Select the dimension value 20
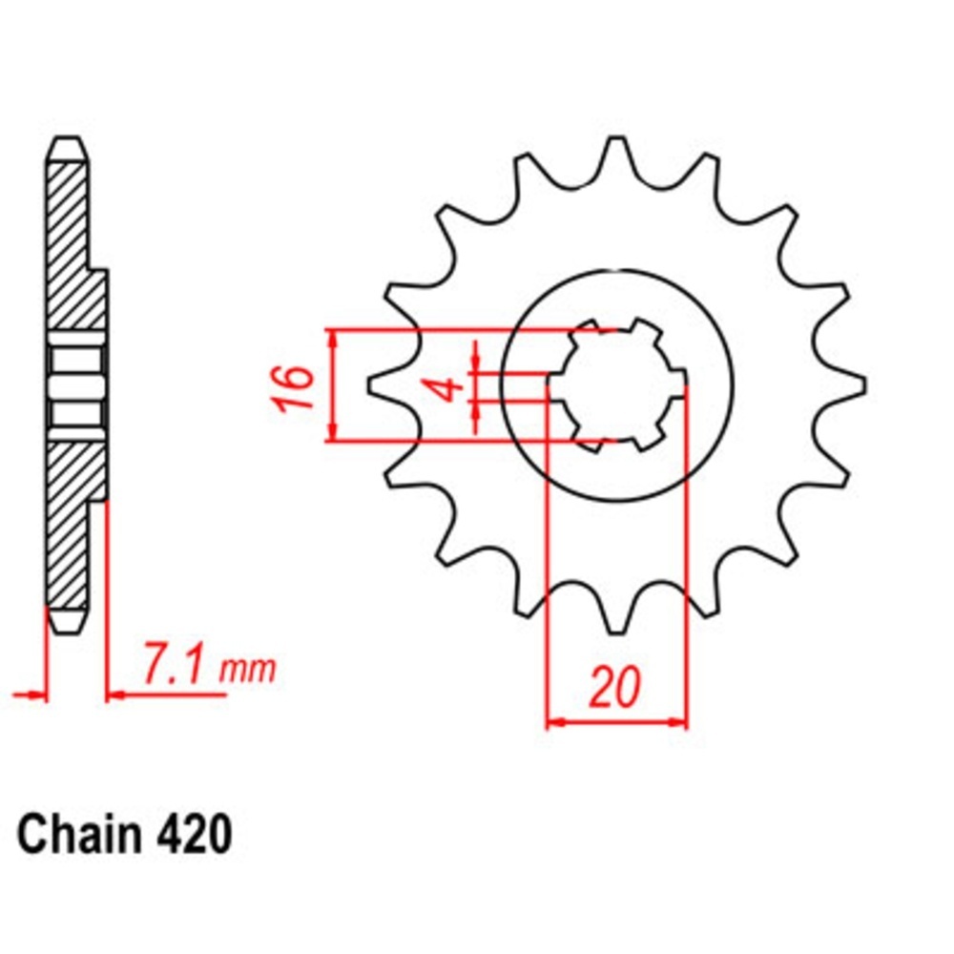(x=615, y=688)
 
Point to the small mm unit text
(x=246, y=670)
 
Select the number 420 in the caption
(x=193, y=834)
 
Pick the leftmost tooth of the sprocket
(x=384, y=384)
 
